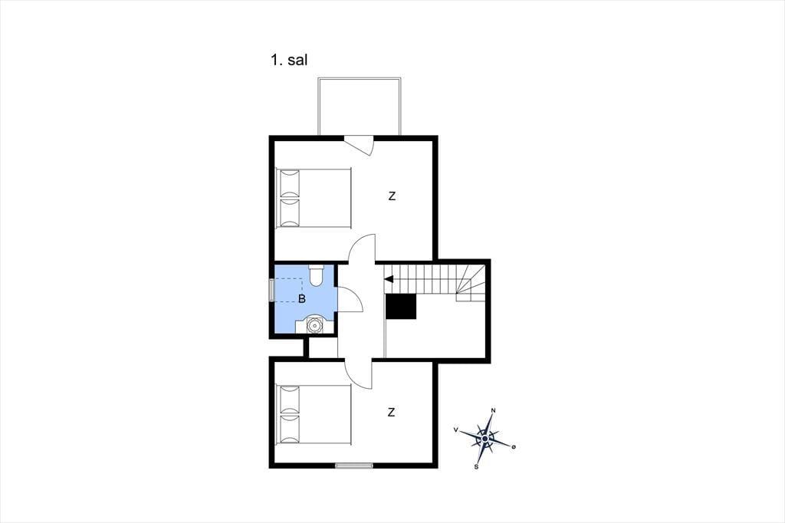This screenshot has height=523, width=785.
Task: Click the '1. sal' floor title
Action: pyautogui.click(x=289, y=60)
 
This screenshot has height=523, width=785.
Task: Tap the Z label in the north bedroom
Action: pyautogui.click(x=392, y=196)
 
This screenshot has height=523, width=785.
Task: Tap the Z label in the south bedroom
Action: pyautogui.click(x=391, y=413)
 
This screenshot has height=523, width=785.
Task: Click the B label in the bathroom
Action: pyautogui.click(x=301, y=299)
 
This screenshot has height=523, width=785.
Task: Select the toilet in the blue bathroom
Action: pyautogui.click(x=317, y=275)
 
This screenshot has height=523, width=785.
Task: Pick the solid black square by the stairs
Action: pyautogui.click(x=401, y=306)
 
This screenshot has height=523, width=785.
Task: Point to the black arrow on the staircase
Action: pyautogui.click(x=389, y=279)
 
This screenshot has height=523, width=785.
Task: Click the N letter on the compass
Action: pyautogui.click(x=493, y=411)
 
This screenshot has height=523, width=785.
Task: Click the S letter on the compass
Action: pyautogui.click(x=477, y=467)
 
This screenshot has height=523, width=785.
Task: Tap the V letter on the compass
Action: pyautogui.click(x=455, y=429)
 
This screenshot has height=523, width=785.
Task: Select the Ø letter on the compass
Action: pyautogui.click(x=513, y=446)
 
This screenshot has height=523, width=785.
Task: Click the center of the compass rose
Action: pyautogui.click(x=484, y=439)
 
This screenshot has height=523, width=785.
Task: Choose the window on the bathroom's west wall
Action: pyautogui.click(x=271, y=290)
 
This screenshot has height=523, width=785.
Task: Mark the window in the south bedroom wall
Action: pyautogui.click(x=354, y=465)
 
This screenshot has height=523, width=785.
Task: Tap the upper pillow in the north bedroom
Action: pyautogui.click(x=290, y=183)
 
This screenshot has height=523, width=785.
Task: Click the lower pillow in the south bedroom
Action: pyautogui.click(x=290, y=429)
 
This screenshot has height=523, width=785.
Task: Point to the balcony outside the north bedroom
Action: pyautogui.click(x=359, y=106)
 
